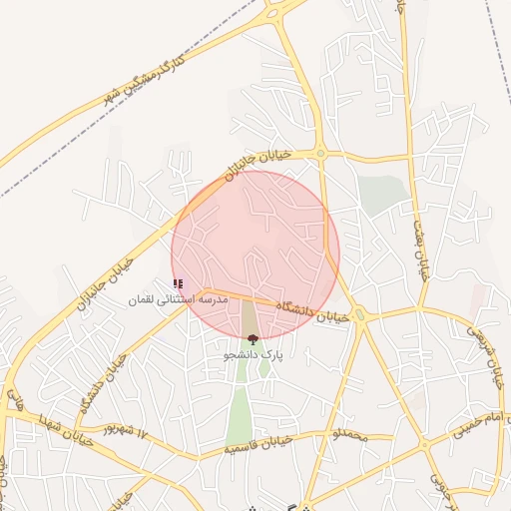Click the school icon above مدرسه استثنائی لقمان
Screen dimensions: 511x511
pyautogui.click(x=178, y=284)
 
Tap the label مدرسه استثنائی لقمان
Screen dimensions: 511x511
pyautogui.click(x=179, y=299)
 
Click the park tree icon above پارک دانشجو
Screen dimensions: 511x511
pyautogui.click(x=253, y=339)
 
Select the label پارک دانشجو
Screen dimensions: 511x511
pyautogui.click(x=253, y=354)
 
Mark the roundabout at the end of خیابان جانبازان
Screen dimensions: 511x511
pyautogui.click(x=320, y=154)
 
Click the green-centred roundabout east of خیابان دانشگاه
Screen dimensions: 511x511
pyautogui.click(x=361, y=315)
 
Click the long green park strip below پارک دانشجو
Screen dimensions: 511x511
pyautogui.click(x=240, y=409)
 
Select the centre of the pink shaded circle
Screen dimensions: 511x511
pyautogui.click(x=255, y=255)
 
